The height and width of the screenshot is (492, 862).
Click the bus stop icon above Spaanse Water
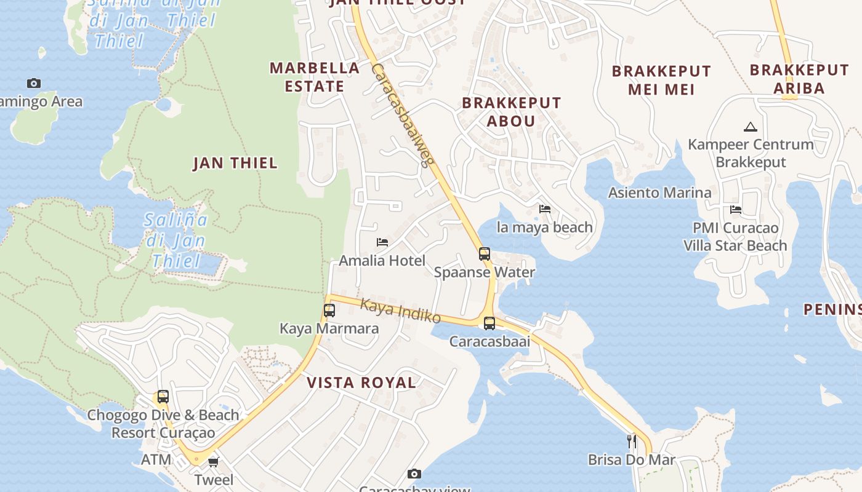pyautogui.click(x=485, y=253)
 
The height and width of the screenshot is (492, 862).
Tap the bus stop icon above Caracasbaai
pyautogui.click(x=489, y=323)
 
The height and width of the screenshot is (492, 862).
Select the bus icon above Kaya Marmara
pyautogui.click(x=329, y=310)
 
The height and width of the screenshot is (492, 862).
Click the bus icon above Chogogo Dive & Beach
pyautogui.click(x=163, y=397)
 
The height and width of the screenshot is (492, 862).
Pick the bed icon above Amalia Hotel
pyautogui.click(x=382, y=242)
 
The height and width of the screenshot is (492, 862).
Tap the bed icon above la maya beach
pyautogui.click(x=545, y=209)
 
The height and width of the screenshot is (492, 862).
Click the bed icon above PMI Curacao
pyautogui.click(x=735, y=210)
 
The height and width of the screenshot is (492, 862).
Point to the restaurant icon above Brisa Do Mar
pyautogui.click(x=632, y=441)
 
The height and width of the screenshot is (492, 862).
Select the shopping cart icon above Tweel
pyautogui.click(x=214, y=462)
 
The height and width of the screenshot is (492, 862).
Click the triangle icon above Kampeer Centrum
pyautogui.click(x=750, y=127)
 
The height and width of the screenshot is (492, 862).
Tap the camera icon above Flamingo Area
pyautogui.click(x=34, y=83)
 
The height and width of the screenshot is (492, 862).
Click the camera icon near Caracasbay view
pyautogui.click(x=414, y=474)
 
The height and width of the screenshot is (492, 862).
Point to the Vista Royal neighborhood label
pyautogui.click(x=361, y=383)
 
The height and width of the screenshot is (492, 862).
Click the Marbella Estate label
pyautogui.click(x=315, y=77)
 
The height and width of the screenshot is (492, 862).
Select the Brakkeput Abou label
pyautogui.click(x=512, y=111)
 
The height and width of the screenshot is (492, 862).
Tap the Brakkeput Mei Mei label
pyautogui.click(x=661, y=80)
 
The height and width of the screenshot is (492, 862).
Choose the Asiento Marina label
pyautogui.click(x=659, y=192)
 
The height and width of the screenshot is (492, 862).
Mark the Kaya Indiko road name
pyautogui.click(x=400, y=311)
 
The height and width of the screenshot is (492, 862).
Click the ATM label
pyautogui.click(x=156, y=459)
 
